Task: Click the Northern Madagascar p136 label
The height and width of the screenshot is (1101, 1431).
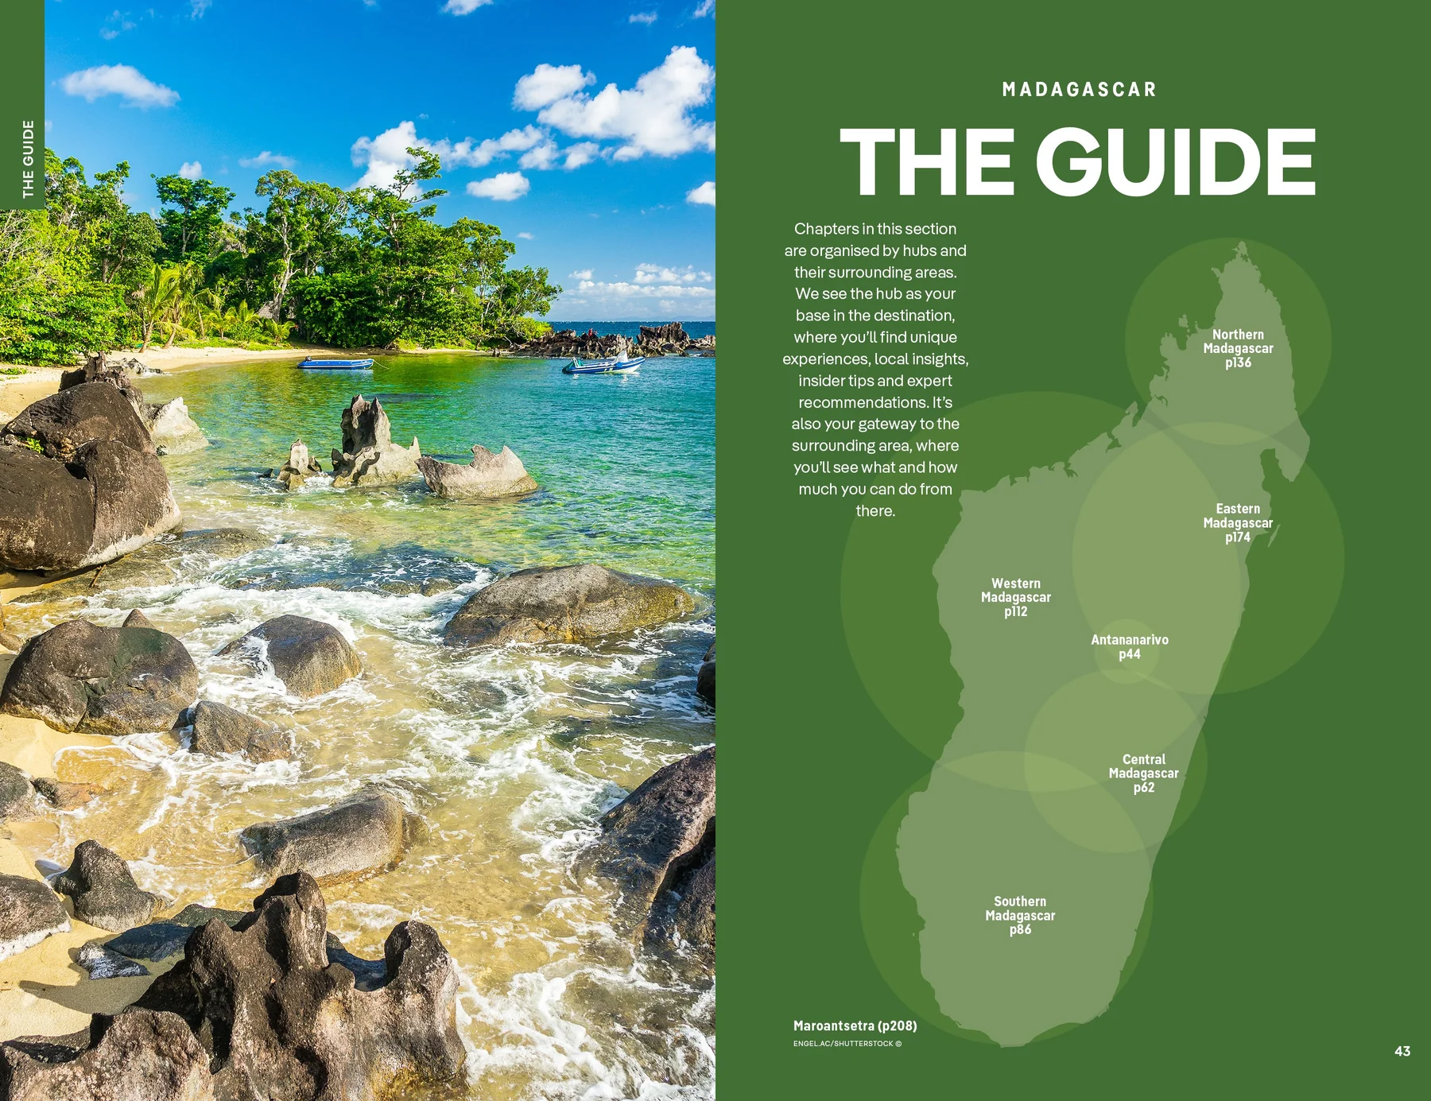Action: pos(1238,348)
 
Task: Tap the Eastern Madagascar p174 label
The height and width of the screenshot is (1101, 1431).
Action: pos(1238,522)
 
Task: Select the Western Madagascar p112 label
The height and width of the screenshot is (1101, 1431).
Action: pos(1015,597)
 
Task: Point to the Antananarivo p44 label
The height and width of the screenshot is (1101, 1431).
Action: pos(1129,646)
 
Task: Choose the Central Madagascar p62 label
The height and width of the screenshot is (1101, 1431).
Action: pos(1143,773)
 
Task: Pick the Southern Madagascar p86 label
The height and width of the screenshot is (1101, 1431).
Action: pos(1020,915)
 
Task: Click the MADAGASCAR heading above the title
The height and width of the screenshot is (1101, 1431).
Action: pos(1079,89)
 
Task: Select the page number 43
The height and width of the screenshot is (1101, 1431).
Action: pos(1402,1051)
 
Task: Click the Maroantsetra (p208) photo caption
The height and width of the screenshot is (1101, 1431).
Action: pos(855,1025)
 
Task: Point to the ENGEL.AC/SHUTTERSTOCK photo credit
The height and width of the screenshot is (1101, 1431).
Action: pos(847,1044)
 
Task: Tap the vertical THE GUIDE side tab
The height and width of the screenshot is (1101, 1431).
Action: pos(28,159)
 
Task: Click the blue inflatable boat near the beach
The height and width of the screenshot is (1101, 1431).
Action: pos(335,363)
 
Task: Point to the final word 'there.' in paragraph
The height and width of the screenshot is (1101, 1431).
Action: pos(875,511)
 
